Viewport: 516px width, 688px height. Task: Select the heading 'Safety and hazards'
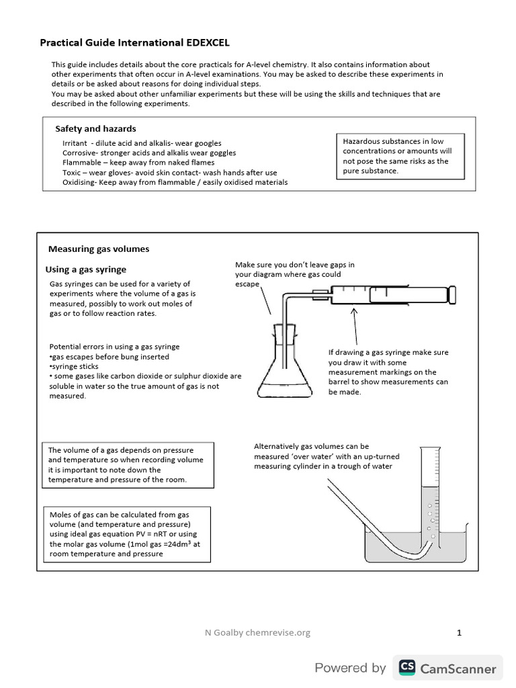95,128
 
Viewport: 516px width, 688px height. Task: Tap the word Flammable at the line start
82,163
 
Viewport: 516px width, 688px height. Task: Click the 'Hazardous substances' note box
400,156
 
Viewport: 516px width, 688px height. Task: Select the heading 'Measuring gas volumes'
99,249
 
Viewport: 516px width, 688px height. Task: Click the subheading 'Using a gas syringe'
85,269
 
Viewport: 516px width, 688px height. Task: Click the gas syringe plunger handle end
454,294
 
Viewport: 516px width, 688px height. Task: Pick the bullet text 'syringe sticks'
74,367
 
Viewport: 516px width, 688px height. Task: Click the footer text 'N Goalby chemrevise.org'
257,632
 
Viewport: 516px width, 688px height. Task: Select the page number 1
459,632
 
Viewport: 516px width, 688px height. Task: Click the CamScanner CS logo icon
406,667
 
